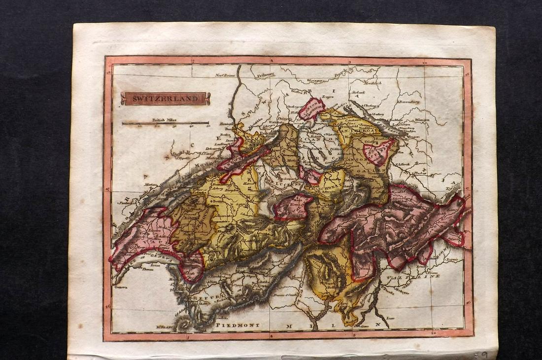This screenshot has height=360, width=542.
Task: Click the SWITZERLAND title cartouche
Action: [x=165, y=99]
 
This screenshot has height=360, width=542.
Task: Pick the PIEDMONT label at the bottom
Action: [x=235, y=325]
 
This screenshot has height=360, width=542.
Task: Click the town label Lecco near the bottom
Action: [x=391, y=319]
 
